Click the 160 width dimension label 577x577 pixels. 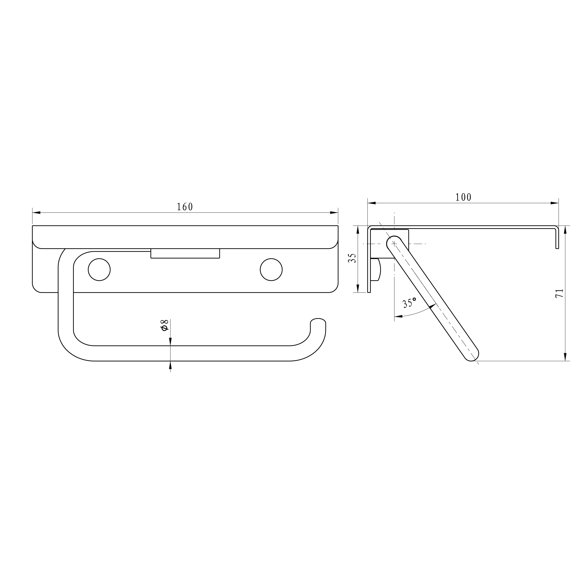tap(185, 207)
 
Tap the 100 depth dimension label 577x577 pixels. tap(463, 197)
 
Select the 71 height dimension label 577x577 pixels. tap(559, 293)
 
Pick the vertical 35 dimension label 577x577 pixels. tap(353, 258)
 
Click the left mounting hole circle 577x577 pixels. tap(99, 270)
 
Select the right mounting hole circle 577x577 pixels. tap(271, 270)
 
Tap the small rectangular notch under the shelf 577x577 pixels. tap(185, 253)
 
